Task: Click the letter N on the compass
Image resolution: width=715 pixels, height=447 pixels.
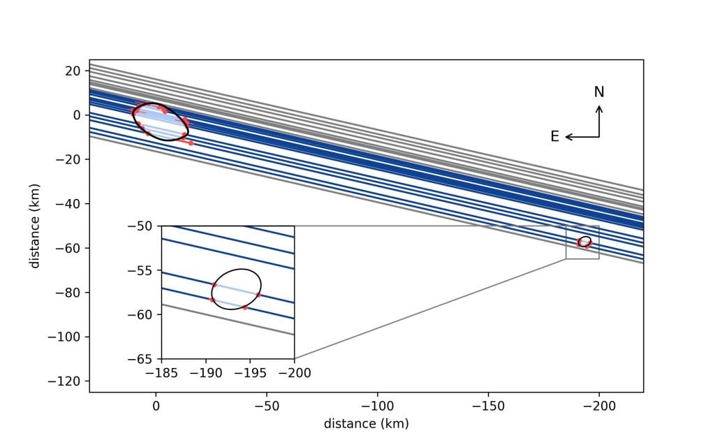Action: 599,92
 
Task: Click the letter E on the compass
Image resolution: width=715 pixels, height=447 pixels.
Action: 555,137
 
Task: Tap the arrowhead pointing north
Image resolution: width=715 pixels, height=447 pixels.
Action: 599,108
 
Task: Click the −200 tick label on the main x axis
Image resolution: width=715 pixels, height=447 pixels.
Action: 598,405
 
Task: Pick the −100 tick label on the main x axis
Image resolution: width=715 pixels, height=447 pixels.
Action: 377,405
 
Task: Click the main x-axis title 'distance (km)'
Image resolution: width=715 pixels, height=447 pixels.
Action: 366,423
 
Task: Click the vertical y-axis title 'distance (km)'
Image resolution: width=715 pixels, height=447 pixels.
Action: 34,226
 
